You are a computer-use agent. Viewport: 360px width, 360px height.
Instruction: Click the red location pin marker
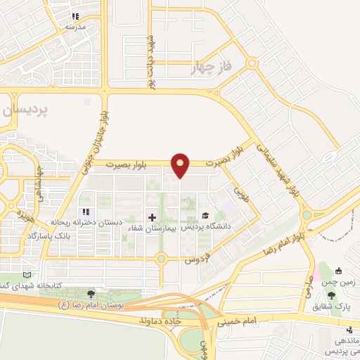click(x=181, y=165)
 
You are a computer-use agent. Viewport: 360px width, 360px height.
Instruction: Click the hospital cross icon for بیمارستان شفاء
click(x=152, y=217)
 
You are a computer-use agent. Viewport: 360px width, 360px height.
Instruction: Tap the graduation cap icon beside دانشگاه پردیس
click(x=205, y=216)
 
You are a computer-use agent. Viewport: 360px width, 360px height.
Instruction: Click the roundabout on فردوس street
click(x=162, y=259)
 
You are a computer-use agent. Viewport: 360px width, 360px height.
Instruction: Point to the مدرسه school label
click(x=75, y=26)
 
